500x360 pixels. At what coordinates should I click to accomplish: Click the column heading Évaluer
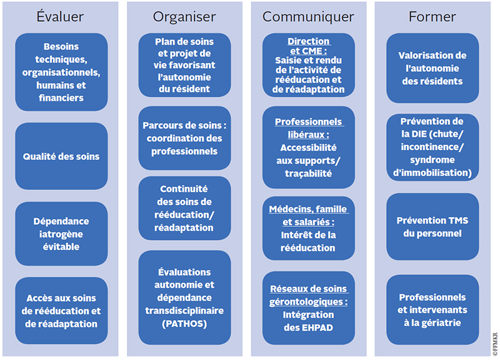pyautogui.click(x=60, y=17)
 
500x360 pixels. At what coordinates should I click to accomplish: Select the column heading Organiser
pyautogui.click(x=184, y=17)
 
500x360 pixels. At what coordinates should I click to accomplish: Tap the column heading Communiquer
pyautogui.click(x=308, y=17)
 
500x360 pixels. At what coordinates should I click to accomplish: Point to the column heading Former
pyautogui.click(x=432, y=17)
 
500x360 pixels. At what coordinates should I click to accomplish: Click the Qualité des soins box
pyautogui.click(x=61, y=156)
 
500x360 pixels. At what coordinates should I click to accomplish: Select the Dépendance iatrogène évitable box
pyautogui.click(x=61, y=234)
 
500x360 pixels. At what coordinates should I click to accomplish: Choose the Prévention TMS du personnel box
pyautogui.click(x=432, y=227)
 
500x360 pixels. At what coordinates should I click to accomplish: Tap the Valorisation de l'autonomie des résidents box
pyautogui.click(x=432, y=68)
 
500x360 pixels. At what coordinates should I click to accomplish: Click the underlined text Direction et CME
pyautogui.click(x=308, y=46)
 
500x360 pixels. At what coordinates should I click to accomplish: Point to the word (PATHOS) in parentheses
pyautogui.click(x=184, y=324)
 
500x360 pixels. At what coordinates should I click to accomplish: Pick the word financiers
pyautogui.click(x=61, y=98)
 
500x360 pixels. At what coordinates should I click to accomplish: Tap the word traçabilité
pyautogui.click(x=308, y=174)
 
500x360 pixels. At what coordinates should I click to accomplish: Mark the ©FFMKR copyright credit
pyautogui.click(x=495, y=344)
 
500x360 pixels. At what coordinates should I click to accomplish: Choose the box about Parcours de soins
pyautogui.click(x=184, y=138)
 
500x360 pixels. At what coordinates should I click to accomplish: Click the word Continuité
pyautogui.click(x=184, y=189)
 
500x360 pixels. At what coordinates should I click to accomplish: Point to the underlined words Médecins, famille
pyautogui.click(x=308, y=209)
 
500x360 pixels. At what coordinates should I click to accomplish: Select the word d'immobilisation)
pyautogui.click(x=432, y=173)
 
